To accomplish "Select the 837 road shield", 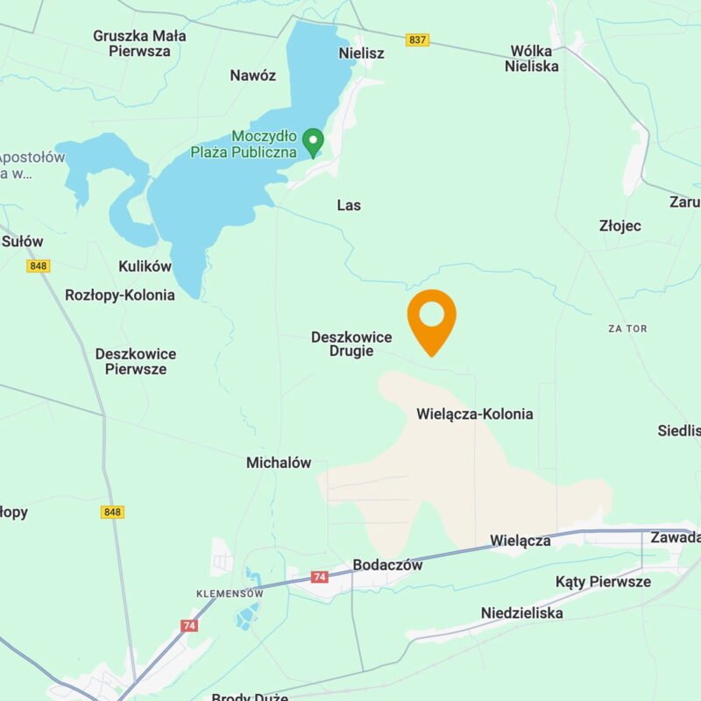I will [417, 40].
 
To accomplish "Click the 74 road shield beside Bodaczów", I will [320, 577].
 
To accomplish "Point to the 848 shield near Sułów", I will [38, 266].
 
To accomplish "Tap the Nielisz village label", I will [361, 53].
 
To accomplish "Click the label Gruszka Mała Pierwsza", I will [139, 44].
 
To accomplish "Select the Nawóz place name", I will [252, 75].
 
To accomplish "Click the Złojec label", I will [620, 226].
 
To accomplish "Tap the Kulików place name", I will [145, 266].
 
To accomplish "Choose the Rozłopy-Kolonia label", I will [120, 295].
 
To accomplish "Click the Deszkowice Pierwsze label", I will [135, 361].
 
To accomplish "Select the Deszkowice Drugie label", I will [351, 343].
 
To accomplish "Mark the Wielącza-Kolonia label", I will [474, 414].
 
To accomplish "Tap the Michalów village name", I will [278, 463].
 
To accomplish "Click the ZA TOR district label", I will [627, 329].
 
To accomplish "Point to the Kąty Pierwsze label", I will [603, 582].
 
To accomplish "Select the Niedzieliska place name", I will [521, 613].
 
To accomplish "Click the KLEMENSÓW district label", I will [230, 593].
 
